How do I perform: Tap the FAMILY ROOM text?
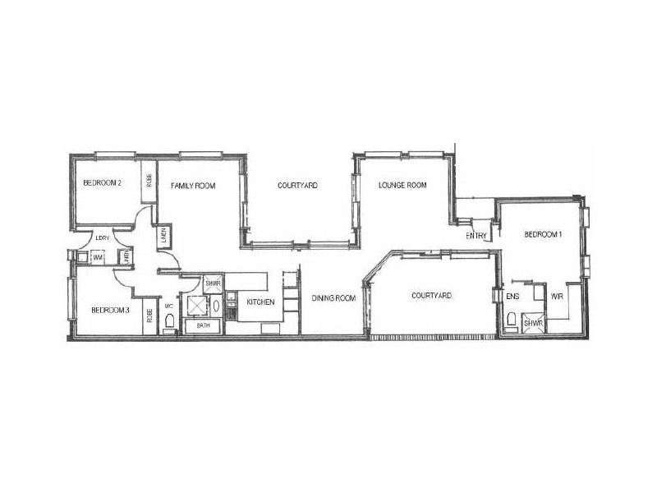click(193, 187)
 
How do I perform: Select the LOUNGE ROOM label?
click(402, 186)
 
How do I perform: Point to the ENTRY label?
click(476, 236)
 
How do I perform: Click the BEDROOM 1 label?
click(544, 235)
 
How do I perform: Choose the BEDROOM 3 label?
click(110, 310)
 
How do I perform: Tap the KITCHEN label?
click(260, 303)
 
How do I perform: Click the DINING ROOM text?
click(333, 298)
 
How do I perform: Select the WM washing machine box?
click(98, 257)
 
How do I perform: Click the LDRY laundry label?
click(103, 238)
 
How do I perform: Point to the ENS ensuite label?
click(512, 296)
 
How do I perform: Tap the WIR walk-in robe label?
click(556, 296)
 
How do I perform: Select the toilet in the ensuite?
click(512, 320)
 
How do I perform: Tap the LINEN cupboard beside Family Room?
click(164, 235)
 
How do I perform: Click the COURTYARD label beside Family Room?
click(297, 186)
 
